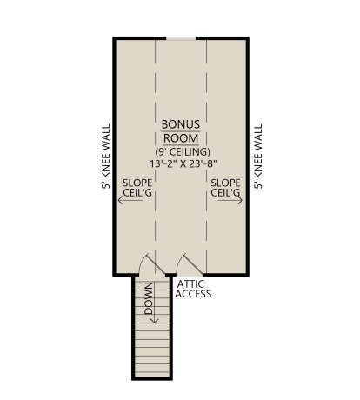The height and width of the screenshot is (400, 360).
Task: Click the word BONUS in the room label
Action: tap(181, 124)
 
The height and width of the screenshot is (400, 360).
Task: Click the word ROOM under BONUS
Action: tap(181, 138)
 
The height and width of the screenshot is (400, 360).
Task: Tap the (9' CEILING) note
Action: tap(183, 151)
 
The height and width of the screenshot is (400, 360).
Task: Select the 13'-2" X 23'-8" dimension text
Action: tap(183, 163)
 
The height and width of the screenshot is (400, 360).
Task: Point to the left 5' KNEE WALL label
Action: tap(106, 157)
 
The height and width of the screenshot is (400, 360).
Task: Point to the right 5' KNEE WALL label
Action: tap(258, 157)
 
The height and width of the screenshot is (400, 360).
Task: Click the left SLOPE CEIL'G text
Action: tap(137, 188)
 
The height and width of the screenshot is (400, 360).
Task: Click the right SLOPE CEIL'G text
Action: tap(225, 188)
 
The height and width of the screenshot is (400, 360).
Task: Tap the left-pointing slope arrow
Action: tap(130, 200)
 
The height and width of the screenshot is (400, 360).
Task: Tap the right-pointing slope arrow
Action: tap(230, 200)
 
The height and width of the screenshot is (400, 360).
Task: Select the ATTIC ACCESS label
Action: tap(193, 289)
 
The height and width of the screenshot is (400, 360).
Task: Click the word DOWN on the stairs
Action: tap(149, 298)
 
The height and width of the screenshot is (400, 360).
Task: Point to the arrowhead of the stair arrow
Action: tap(155, 321)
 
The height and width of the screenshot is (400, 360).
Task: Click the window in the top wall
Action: tap(181, 38)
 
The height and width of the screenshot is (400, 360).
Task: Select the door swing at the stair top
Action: tap(151, 263)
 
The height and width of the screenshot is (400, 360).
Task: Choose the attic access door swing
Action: tap(190, 263)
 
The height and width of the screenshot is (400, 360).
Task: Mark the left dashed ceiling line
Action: tap(156, 157)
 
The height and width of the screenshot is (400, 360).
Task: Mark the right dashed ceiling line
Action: tap(207, 157)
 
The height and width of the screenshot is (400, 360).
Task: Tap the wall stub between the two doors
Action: tap(170, 275)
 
